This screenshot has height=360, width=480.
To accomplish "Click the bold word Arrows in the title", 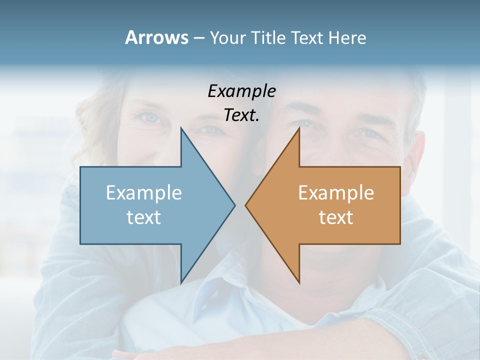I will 156,37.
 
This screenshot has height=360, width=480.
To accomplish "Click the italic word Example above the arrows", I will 241,91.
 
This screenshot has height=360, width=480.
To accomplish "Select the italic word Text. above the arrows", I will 241,115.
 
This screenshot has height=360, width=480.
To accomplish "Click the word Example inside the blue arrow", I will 144,192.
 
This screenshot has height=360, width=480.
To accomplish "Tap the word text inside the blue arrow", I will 143,217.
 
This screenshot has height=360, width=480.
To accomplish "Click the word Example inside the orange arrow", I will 336,192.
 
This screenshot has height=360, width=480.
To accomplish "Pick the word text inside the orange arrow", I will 336,217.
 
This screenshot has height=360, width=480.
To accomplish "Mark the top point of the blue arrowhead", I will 181,128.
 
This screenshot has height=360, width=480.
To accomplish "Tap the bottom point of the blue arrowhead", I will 181,282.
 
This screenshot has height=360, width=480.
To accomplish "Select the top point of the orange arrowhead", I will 299,128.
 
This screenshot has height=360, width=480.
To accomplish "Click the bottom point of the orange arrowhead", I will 299,282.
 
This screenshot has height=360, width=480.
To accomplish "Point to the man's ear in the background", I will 417,150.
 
